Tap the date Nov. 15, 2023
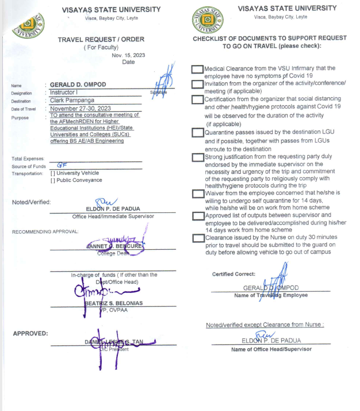[x=128, y=55]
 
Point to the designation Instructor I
[x=67, y=92]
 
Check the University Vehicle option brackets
[x=53, y=173]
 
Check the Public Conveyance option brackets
[x=53, y=180]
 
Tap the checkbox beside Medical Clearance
[x=197, y=70]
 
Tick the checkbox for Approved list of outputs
[x=197, y=216]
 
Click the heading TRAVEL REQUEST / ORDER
[x=101, y=39]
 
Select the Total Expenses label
[x=28, y=158]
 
